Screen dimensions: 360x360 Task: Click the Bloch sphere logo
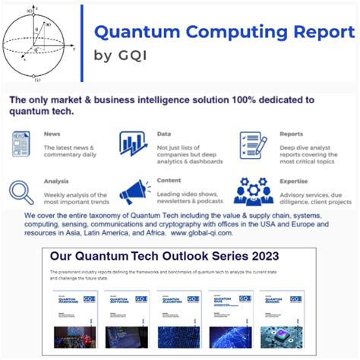[x=38, y=43]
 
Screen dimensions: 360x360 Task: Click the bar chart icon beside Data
[x=133, y=144]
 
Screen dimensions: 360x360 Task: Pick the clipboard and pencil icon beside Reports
[x=253, y=144]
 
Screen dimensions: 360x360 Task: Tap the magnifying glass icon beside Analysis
[x=24, y=191]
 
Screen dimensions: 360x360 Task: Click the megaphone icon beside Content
[x=134, y=191]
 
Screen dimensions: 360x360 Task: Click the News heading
[x=52, y=134]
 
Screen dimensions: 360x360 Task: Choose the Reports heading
[x=291, y=134]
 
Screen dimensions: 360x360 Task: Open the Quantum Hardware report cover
[x=73, y=320]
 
